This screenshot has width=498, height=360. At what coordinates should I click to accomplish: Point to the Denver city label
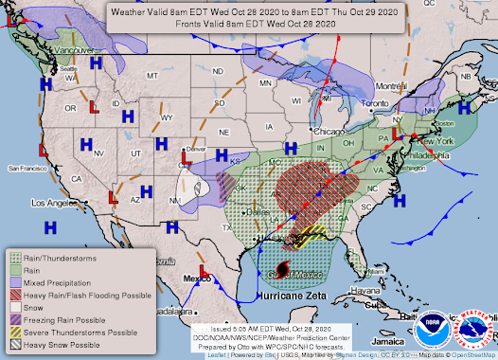point(196,150)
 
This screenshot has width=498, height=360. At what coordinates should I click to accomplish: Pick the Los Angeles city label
point(55,203)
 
